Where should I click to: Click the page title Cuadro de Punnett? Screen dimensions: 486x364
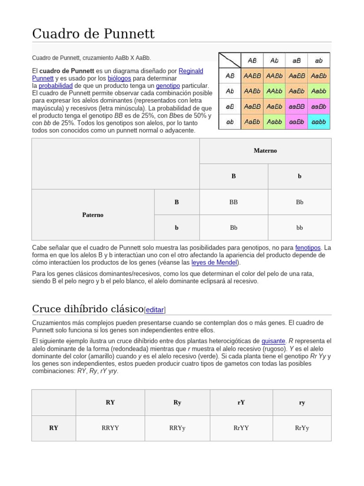(x=93, y=34)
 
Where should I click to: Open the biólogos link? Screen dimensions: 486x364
(x=119, y=78)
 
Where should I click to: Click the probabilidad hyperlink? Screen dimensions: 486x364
(x=55, y=85)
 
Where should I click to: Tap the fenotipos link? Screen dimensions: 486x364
(x=308, y=248)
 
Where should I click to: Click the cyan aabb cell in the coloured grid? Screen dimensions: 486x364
(x=319, y=121)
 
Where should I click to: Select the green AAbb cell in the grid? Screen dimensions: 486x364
(x=274, y=91)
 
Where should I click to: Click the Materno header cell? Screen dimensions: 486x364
(x=265, y=151)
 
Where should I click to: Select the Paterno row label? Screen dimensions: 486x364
(x=93, y=215)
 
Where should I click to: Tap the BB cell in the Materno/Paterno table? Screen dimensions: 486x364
(x=234, y=202)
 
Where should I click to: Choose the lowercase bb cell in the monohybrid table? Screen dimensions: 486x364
(x=300, y=228)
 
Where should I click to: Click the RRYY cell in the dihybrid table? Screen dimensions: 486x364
(x=110, y=428)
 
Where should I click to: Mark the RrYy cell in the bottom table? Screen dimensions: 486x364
(x=302, y=428)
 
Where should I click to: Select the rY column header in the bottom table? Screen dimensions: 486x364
(x=241, y=402)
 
